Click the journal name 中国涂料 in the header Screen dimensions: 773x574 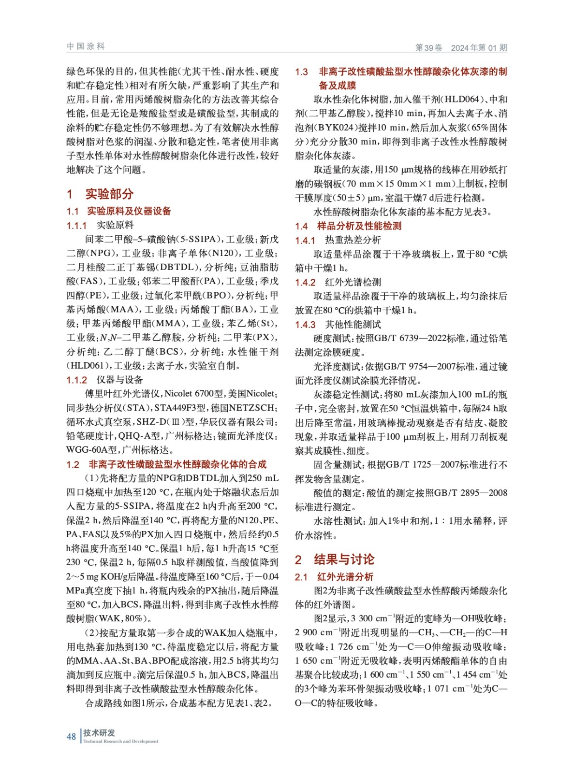click(86, 46)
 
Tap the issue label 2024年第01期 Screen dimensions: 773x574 click(479, 47)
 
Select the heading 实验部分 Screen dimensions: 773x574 click(109, 194)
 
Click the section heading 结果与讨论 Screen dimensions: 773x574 click(344, 559)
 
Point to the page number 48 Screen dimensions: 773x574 click(71, 736)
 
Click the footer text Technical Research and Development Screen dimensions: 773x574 click(120, 741)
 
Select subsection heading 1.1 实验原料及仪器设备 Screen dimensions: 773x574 click(119, 211)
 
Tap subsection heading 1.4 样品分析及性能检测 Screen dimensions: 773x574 click(348, 226)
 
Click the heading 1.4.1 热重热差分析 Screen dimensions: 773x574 click(338, 240)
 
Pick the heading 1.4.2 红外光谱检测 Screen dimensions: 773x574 click(338, 282)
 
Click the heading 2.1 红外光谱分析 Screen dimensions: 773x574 click(334, 577)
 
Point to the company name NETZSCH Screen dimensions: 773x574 click(251, 408)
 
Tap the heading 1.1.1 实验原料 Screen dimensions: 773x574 click(100, 225)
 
